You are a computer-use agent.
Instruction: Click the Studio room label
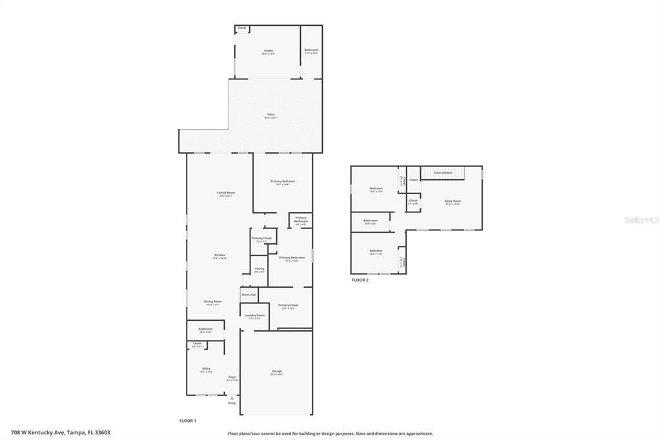[268, 51]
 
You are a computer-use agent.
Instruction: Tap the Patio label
[271, 115]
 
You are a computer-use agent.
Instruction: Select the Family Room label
[225, 193]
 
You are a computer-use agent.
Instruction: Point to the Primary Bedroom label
[283, 181]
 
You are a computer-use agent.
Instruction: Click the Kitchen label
[219, 255]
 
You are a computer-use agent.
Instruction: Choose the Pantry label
[259, 269]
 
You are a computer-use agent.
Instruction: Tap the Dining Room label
[213, 301]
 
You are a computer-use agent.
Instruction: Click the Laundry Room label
[254, 315]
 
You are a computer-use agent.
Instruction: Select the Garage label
[277, 371]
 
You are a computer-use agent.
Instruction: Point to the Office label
[206, 368]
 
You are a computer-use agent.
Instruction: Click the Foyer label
[232, 377]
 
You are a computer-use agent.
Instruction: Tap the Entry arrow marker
[232, 399]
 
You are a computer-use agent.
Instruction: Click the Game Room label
[453, 201]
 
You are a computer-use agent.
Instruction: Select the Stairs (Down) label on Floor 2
[443, 172]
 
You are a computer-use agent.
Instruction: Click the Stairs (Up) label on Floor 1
[249, 294]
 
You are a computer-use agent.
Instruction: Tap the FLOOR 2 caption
[360, 280]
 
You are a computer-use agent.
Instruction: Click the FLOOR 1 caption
[187, 421]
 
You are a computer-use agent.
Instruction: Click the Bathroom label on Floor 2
[370, 221]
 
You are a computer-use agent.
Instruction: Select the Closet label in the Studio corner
[242, 28]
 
